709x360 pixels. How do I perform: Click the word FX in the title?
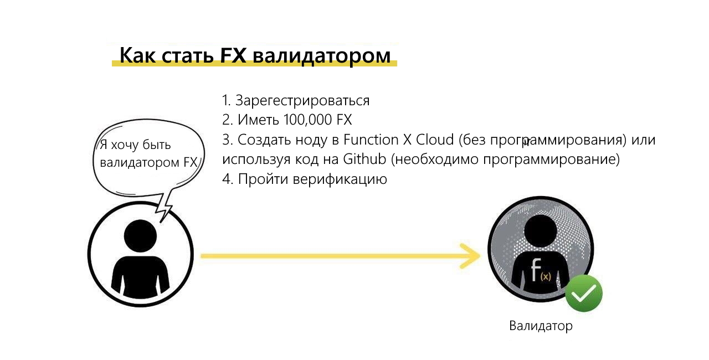233,55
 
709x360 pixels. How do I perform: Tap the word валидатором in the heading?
322,56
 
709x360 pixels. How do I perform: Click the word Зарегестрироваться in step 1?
302,101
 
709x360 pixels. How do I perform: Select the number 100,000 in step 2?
307,120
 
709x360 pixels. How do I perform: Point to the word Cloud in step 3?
435,140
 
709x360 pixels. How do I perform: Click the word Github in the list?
364,159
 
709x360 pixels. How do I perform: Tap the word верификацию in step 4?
340,179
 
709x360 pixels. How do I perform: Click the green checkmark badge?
584,293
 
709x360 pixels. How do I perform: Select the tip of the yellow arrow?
480,256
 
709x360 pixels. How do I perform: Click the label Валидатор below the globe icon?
541,326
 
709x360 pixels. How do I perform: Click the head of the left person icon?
140,236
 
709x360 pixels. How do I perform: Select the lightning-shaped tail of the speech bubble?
165,205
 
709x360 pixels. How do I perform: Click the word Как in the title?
138,55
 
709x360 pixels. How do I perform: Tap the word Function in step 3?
371,140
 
